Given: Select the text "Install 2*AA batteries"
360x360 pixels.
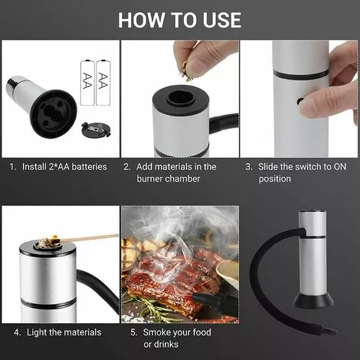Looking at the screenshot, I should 68,166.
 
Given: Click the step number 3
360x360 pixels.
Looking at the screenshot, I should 248,166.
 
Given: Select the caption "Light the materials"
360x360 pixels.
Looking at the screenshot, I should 67,332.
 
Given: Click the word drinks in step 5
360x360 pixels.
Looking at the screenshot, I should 156,344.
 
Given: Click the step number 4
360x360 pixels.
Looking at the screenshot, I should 17,332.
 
